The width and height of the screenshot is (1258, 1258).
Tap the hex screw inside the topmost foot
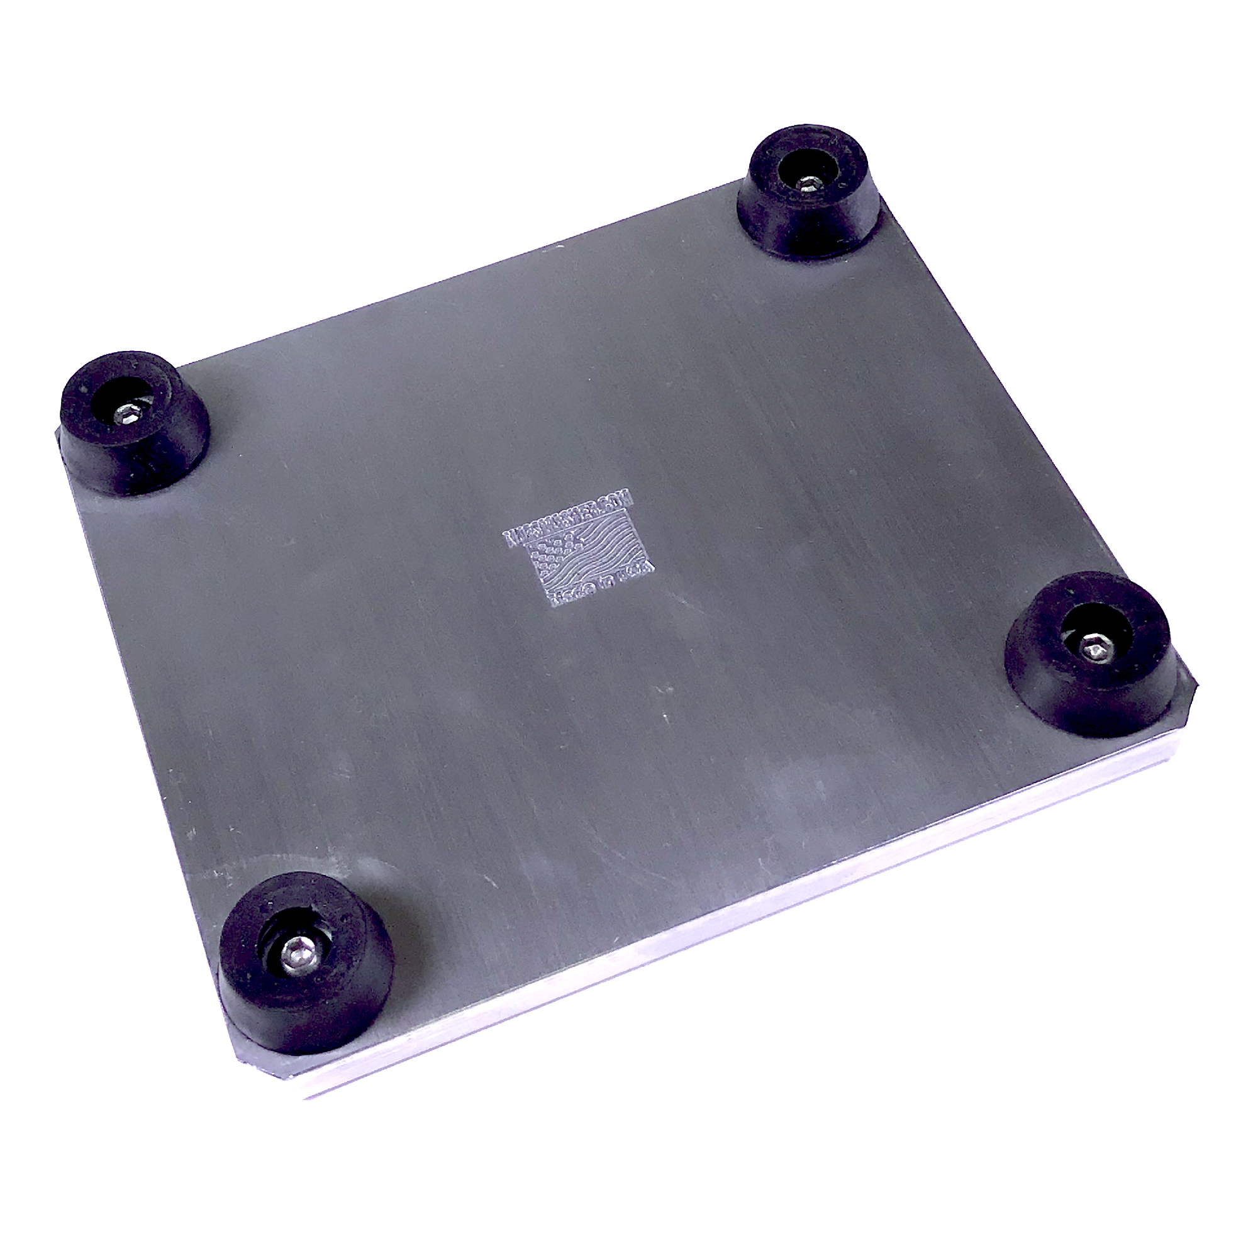tap(808, 185)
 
